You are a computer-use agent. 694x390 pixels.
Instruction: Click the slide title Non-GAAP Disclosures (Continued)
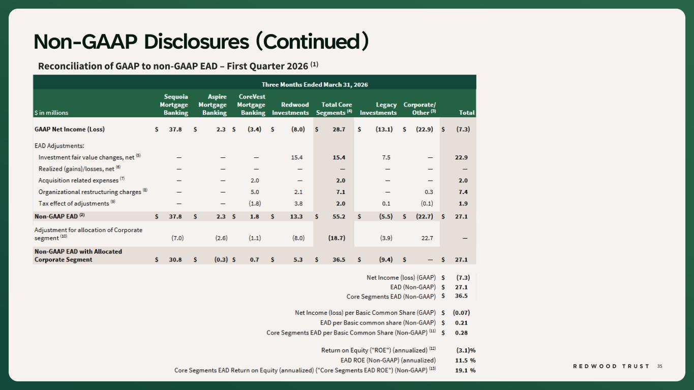point(201,42)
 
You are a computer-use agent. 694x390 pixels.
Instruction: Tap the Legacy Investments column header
point(378,109)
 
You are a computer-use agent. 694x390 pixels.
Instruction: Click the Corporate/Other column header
point(419,109)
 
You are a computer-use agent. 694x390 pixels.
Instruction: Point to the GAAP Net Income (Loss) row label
point(69,129)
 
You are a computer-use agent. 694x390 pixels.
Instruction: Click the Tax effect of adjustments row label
point(77,203)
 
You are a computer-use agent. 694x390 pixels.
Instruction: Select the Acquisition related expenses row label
point(81,180)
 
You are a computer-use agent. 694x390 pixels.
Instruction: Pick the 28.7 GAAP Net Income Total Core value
point(339,129)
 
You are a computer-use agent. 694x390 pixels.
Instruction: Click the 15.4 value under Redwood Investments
point(296,157)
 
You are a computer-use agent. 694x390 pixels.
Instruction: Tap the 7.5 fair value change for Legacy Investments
point(386,157)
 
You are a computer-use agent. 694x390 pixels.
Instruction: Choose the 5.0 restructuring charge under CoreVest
point(255,192)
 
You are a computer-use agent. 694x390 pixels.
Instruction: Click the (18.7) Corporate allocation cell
point(337,238)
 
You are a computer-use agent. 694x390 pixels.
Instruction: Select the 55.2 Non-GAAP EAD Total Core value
point(339,216)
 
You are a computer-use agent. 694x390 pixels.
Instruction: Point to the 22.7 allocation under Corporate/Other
point(427,238)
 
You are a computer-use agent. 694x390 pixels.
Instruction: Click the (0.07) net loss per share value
point(461,313)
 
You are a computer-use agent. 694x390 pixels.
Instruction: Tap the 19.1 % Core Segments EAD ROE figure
point(465,370)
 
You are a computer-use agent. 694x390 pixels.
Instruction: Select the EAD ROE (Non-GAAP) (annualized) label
point(388,360)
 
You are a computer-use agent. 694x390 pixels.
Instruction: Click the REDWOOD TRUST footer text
point(611,366)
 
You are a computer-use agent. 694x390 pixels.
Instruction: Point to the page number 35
point(659,366)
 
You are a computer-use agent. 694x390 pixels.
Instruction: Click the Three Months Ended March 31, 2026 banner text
point(315,84)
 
